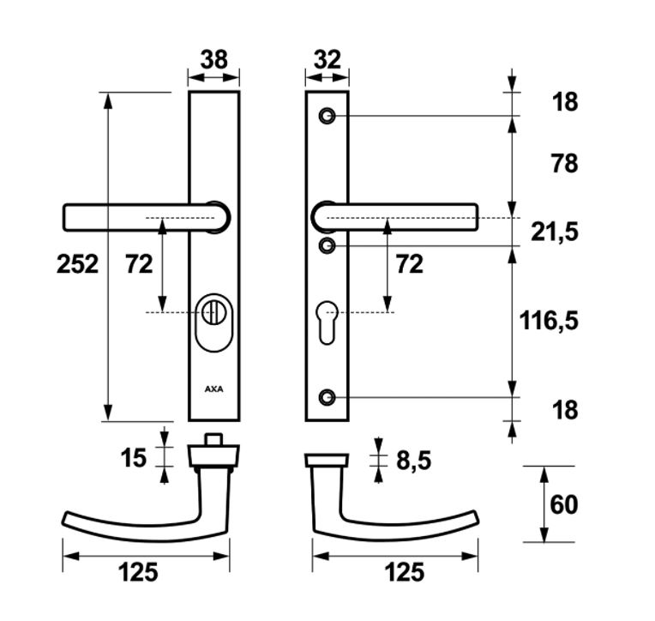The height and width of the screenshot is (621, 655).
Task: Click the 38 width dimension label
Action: (213, 59)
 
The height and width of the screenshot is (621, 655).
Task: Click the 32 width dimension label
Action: (327, 59)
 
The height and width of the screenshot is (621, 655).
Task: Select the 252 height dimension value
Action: (77, 264)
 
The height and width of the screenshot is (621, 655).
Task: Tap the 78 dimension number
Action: (564, 164)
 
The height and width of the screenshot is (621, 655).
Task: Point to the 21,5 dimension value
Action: (555, 232)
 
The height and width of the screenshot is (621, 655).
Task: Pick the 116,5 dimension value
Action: (549, 321)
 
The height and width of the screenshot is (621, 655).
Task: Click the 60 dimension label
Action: (563, 504)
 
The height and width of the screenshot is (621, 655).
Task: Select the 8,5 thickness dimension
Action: (413, 461)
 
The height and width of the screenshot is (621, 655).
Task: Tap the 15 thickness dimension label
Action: (134, 457)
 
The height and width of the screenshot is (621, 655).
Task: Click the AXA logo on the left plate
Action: (213, 389)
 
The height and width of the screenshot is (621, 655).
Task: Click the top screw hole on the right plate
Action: (327, 116)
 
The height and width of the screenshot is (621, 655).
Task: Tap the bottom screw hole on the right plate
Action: (327, 397)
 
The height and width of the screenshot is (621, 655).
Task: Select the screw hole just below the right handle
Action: (327, 245)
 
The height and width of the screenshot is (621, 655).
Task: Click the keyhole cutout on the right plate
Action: (327, 323)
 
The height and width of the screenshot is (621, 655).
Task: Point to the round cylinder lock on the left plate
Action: (213, 312)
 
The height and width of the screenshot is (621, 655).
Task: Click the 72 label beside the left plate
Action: (139, 264)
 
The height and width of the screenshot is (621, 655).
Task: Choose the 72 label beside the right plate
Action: (410, 264)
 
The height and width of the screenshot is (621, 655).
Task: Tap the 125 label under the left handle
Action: (138, 572)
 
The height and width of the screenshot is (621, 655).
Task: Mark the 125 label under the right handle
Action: (404, 572)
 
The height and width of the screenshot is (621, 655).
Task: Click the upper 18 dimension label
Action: (565, 101)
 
